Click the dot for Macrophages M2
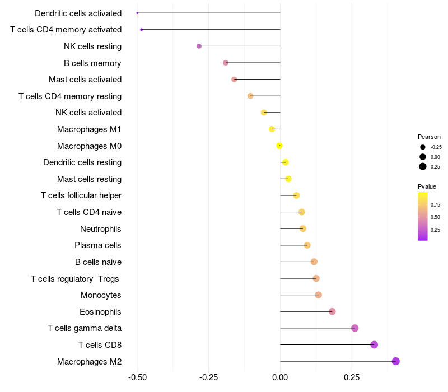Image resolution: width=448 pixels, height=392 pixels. point(395,361)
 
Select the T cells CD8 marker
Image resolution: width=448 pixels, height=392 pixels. point(374,344)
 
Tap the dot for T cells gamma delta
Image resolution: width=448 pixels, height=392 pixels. point(354,328)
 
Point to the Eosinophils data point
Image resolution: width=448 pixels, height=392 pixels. point(332,311)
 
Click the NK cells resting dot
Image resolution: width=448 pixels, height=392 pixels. point(199,46)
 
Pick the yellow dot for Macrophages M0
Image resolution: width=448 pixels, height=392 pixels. point(279,146)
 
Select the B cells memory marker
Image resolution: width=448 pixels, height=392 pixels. point(226,63)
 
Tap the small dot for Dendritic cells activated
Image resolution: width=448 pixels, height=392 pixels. point(137,13)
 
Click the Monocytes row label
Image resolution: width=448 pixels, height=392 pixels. point(101,295)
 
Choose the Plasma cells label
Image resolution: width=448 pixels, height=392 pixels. point(98,245)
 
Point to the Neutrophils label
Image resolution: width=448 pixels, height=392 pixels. point(101,228)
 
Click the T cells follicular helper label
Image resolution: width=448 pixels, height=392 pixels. point(81,195)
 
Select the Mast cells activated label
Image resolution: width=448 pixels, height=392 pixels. point(85,80)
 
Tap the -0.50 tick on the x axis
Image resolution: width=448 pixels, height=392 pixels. point(137,377)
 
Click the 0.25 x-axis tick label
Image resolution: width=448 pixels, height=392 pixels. point(351,377)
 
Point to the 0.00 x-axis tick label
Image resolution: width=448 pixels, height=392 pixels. point(280,377)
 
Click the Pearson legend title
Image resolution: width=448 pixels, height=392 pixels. point(429,137)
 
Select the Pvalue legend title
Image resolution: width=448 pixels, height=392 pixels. point(427,186)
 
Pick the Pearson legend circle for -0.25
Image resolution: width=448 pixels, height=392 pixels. point(423,147)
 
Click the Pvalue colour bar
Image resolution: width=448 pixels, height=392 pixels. point(423,216)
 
